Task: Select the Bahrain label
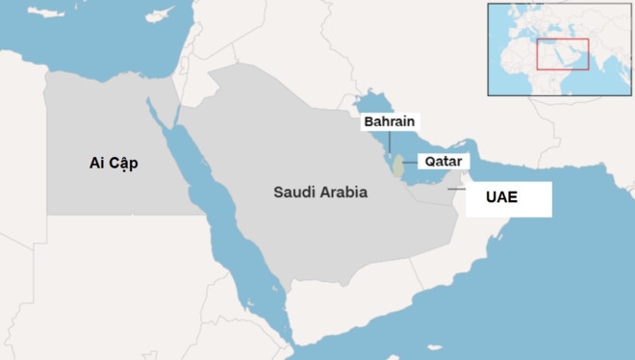[391, 122]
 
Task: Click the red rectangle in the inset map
[562, 54]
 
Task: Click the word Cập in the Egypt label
[123, 165]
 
